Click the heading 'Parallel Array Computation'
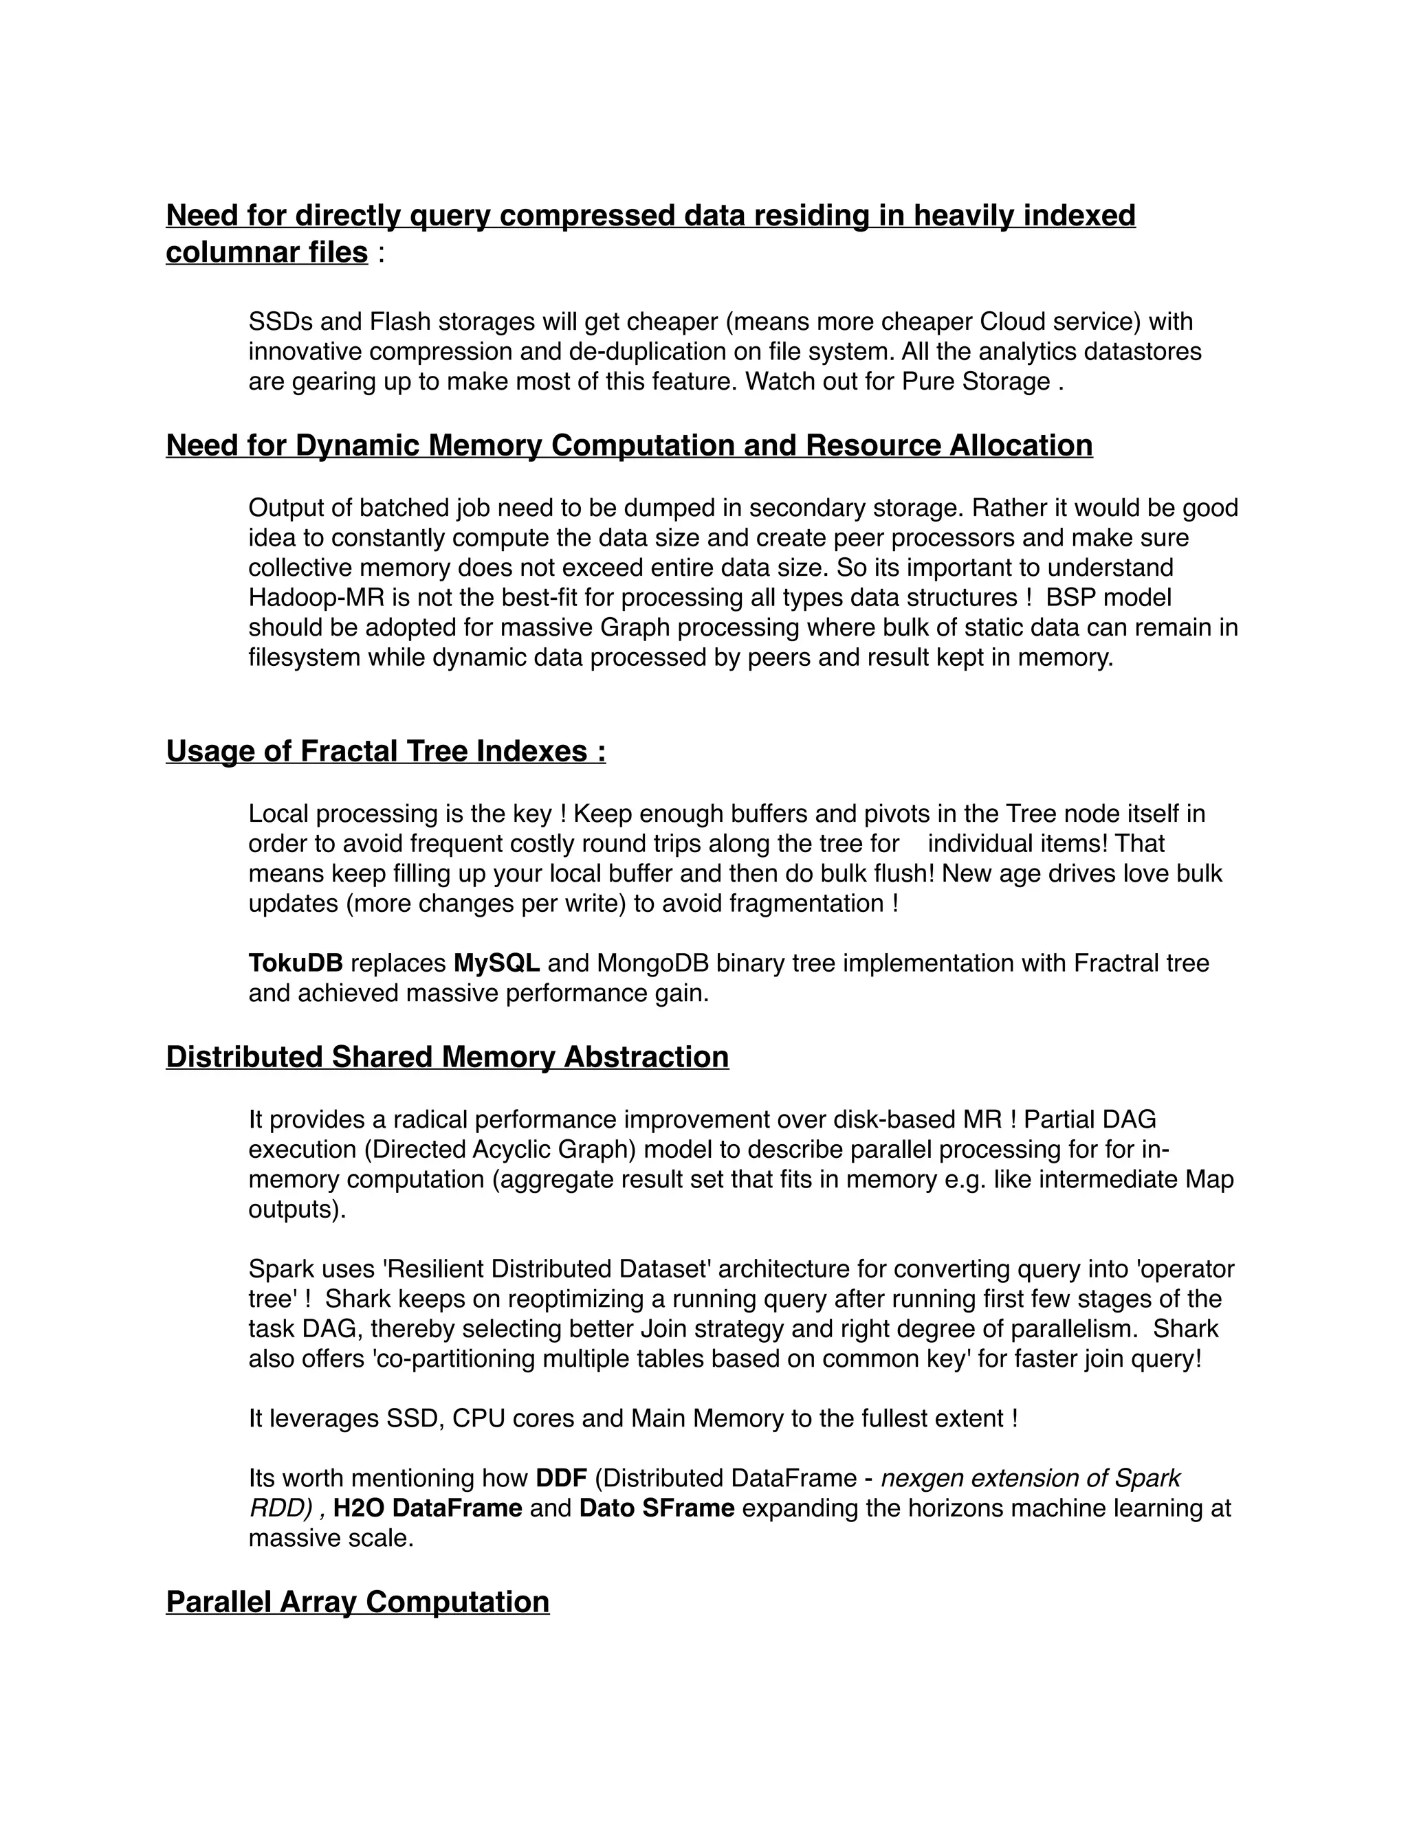pos(357,1602)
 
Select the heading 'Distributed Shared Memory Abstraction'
pos(447,1056)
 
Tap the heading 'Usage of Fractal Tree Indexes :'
pos(386,750)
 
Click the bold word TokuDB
pos(295,963)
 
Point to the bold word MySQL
pos(496,963)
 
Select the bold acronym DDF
pos(562,1478)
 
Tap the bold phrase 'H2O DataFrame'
pos(427,1508)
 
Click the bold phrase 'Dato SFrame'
pos(657,1508)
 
